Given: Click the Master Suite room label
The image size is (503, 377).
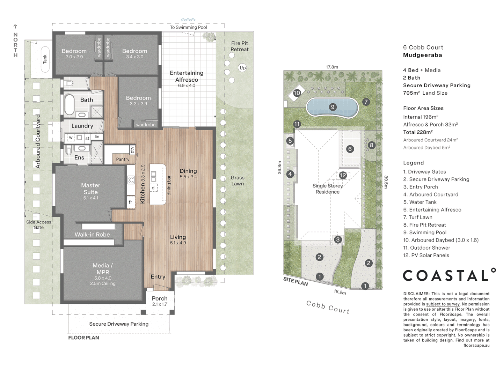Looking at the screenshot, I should [x=90, y=189].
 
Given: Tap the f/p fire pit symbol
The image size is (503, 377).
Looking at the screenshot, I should [x=242, y=68].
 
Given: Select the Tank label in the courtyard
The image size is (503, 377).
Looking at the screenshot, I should [x=45, y=59].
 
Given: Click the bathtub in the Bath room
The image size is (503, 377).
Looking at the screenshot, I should [x=70, y=104].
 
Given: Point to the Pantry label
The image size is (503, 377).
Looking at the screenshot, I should [x=123, y=159].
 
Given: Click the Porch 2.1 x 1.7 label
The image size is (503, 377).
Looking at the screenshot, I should [x=160, y=301].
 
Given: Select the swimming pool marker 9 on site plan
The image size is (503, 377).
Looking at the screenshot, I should [x=333, y=107].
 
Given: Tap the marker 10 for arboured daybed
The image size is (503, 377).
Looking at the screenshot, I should [x=297, y=93].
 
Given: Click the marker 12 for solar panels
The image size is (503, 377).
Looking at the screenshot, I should [x=343, y=175].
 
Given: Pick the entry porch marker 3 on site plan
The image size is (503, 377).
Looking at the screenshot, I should [x=337, y=239].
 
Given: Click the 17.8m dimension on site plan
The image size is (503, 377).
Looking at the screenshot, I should [x=332, y=67].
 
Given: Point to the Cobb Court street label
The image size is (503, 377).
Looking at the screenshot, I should [x=328, y=307].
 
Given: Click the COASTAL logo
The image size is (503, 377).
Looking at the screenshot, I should [x=449, y=275].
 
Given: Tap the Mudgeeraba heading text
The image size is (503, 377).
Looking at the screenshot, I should [x=422, y=55].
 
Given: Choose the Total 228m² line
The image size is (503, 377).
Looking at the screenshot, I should [x=418, y=132].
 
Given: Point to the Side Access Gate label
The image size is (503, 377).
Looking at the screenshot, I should [x=39, y=224].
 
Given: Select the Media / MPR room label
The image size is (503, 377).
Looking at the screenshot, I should [x=102, y=269].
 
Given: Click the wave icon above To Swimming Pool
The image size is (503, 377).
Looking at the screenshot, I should [x=188, y=20].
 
